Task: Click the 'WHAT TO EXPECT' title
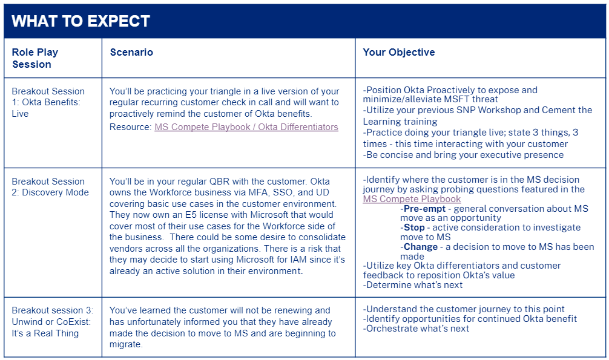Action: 81,21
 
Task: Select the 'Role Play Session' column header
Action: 35,58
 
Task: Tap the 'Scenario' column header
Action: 131,53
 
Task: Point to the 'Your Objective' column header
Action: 398,53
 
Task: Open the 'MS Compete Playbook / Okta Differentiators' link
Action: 246,127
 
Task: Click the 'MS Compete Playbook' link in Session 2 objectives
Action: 412,199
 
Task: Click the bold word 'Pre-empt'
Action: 424,209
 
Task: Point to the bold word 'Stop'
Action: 414,227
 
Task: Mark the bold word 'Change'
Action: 421,247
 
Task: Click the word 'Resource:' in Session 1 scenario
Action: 130,127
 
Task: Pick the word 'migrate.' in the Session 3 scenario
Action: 126,344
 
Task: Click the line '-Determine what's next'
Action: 413,285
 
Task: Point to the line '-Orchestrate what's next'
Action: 416,329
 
